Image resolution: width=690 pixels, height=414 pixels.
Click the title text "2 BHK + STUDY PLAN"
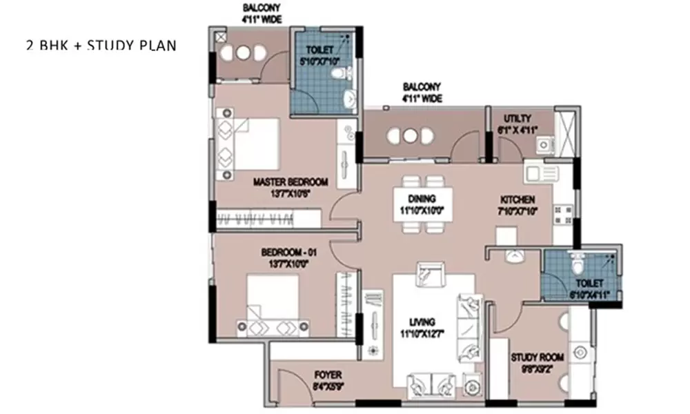coord(101,46)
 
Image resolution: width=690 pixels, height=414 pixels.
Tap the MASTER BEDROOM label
coord(290,182)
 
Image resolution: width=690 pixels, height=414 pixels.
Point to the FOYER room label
coord(328,375)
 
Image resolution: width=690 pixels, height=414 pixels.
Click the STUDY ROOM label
coord(538,357)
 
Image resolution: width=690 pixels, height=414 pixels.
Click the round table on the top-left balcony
coord(244,53)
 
